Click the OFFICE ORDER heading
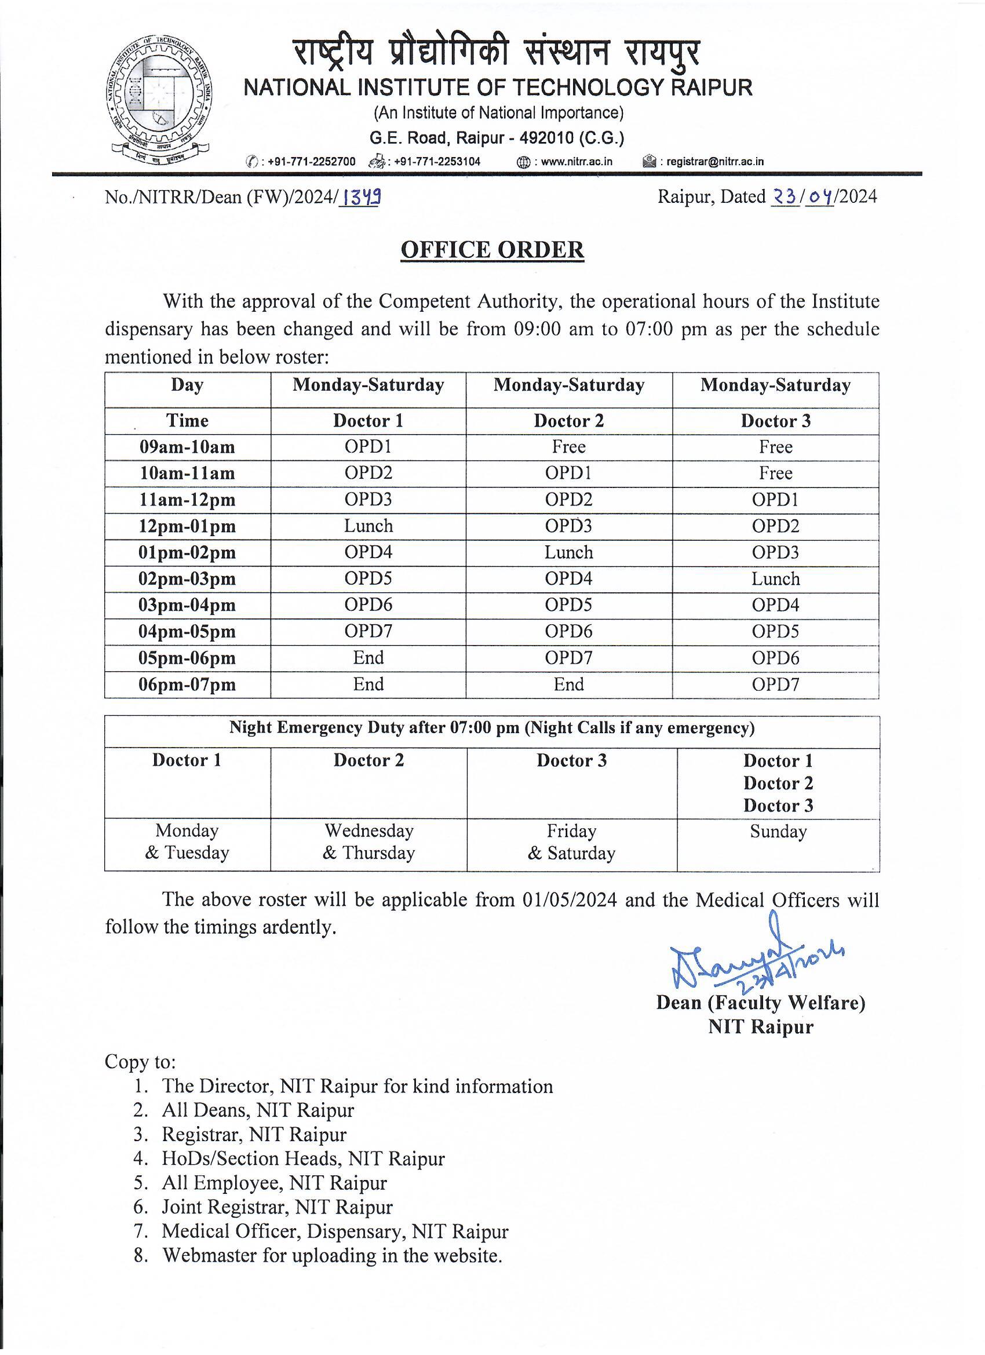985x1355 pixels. pyautogui.click(x=492, y=250)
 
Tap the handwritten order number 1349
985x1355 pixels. pyautogui.click(x=360, y=196)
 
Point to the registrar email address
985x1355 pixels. pyautogui.click(x=714, y=161)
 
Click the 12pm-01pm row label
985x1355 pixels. pyautogui.click(x=187, y=526)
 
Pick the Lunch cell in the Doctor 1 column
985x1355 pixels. pyautogui.click(x=368, y=526)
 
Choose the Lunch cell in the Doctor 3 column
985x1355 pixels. pyautogui.click(x=775, y=579)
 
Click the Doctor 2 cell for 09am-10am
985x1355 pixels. pyautogui.click(x=568, y=447)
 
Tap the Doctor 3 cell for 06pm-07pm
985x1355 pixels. pyautogui.click(x=775, y=684)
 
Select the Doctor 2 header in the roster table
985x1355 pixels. pyautogui.click(x=568, y=421)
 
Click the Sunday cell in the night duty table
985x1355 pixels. pyautogui.click(x=778, y=832)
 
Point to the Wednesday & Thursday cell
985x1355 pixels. pyautogui.click(x=369, y=842)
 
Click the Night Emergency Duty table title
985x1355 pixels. pyautogui.click(x=491, y=728)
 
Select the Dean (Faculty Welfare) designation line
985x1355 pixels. pyautogui.click(x=760, y=1003)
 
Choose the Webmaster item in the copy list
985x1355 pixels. pyautogui.click(x=331, y=1255)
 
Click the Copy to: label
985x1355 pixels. pyautogui.click(x=140, y=1061)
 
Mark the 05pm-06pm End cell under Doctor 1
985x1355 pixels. pyautogui.click(x=368, y=658)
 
